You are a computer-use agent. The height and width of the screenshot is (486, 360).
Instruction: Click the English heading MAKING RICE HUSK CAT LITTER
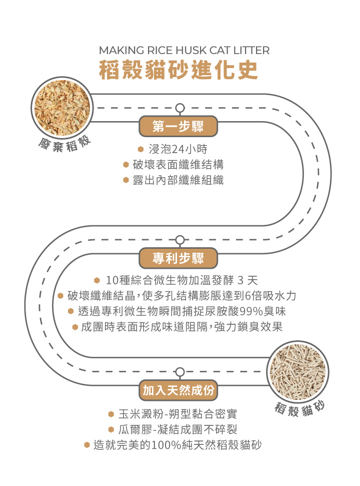[x=184, y=51]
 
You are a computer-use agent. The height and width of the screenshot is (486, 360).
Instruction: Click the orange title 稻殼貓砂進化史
[x=178, y=70]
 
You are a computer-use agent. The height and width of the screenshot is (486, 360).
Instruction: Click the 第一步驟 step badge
[x=178, y=127]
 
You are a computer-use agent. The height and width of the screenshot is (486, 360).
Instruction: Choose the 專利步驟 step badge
[x=178, y=258]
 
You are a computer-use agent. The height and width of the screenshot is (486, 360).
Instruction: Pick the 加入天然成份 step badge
[x=178, y=390]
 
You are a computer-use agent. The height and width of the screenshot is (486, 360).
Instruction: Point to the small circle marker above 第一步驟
[x=180, y=108]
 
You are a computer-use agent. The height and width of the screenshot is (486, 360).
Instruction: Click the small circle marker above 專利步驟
[x=180, y=240]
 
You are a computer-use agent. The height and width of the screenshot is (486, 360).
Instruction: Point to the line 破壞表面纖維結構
[x=178, y=165]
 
